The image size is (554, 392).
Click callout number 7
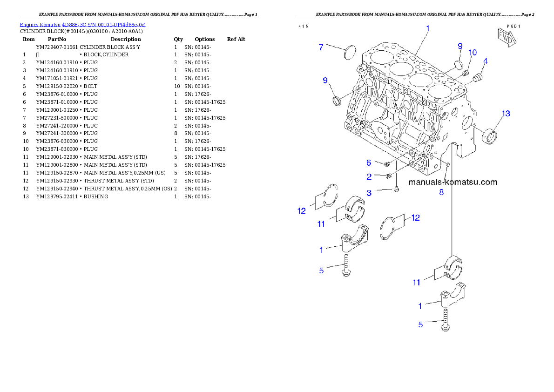pos(320,47)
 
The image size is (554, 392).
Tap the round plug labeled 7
pos(349,52)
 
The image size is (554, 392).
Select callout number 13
pos(506,114)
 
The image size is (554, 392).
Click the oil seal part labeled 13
pos(490,136)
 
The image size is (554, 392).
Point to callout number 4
pos(486,61)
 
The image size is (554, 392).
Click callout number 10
pos(473,53)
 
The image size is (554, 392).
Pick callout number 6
pos(369,162)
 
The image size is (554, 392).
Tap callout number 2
pos(369,176)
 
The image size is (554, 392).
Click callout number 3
pos(369,192)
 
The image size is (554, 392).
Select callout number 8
pos(441,192)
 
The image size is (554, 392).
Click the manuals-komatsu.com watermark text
pos(453,182)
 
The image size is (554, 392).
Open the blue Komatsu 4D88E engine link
pos(82,24)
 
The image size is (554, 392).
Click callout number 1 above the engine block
pos(428,28)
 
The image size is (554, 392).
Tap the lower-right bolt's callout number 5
pos(420,324)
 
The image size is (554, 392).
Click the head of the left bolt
pos(346,275)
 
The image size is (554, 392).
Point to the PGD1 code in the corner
pos(514,26)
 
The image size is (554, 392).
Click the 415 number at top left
pos(303,26)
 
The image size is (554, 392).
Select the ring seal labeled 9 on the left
pos(337,101)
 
